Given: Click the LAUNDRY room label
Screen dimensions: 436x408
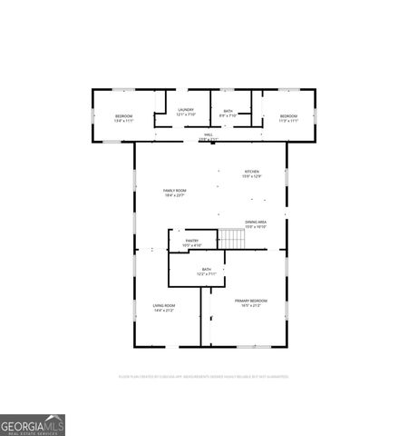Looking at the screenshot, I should (x=186, y=110).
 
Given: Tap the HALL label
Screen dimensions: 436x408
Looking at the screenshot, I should (x=209, y=134).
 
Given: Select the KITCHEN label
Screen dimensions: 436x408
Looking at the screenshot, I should (x=251, y=172).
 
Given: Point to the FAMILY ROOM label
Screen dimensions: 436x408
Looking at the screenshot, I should (x=174, y=190).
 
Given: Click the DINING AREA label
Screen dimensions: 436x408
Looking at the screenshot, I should (x=256, y=222).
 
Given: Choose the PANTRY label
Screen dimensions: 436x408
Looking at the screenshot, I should (x=192, y=241).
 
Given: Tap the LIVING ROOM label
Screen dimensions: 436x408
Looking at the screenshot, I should (x=164, y=305).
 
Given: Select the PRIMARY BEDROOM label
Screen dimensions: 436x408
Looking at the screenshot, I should (x=251, y=301).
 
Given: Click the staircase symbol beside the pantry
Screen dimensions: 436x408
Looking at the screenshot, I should (x=233, y=239).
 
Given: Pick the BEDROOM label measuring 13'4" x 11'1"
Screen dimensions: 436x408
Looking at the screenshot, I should (x=124, y=116).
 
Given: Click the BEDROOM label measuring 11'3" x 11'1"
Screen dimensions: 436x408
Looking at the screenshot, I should (x=289, y=116).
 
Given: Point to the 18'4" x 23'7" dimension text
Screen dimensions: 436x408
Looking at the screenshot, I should (x=174, y=195).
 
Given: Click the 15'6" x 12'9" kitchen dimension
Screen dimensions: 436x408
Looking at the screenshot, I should (x=251, y=177).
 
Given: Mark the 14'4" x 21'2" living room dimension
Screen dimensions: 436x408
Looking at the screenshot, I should (x=164, y=311).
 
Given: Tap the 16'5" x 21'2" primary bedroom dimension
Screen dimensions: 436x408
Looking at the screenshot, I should (x=251, y=306).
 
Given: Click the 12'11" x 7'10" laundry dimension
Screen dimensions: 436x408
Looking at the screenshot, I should (x=186, y=115).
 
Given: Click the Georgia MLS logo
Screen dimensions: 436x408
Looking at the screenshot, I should (x=33, y=424).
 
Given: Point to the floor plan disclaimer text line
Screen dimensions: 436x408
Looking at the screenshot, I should (x=203, y=375).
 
